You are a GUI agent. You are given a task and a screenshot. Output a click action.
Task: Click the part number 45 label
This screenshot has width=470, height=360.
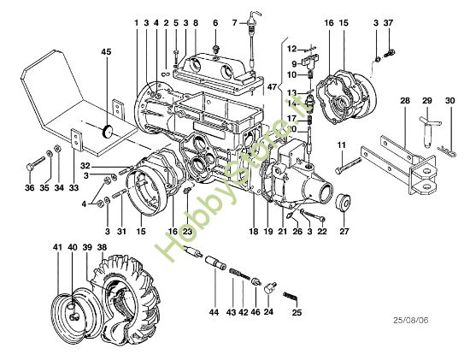106,52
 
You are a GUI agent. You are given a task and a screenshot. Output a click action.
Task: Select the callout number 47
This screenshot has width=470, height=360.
273,87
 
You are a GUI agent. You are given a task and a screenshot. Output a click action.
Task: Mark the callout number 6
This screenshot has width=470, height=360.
214,22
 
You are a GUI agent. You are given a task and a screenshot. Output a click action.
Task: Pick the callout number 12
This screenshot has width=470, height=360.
291,49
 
